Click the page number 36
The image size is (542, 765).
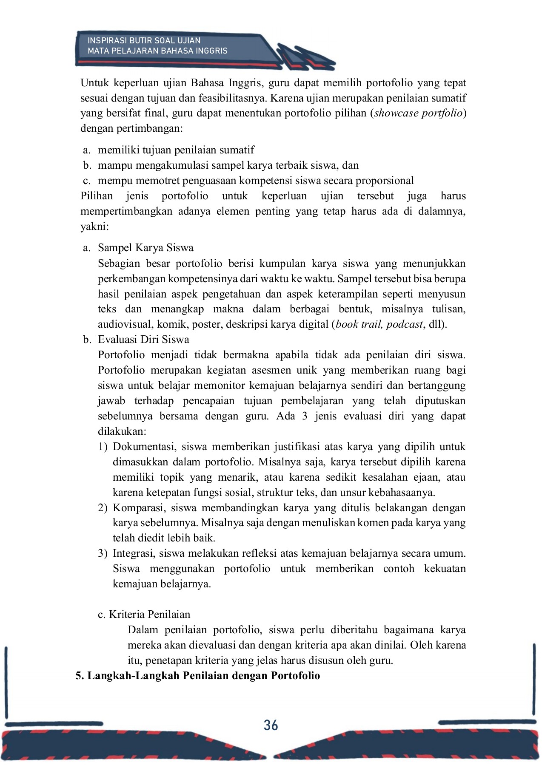coord(271,725)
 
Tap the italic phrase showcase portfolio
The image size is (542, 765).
coord(418,113)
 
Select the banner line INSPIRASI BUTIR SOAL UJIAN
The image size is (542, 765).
coord(144,41)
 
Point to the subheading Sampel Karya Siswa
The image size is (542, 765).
coord(145,248)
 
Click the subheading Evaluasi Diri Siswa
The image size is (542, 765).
coord(143,339)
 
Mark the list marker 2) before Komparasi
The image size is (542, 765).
coord(103,508)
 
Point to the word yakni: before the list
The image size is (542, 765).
coord(94,227)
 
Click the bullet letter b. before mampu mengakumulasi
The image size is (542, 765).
coord(87,165)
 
